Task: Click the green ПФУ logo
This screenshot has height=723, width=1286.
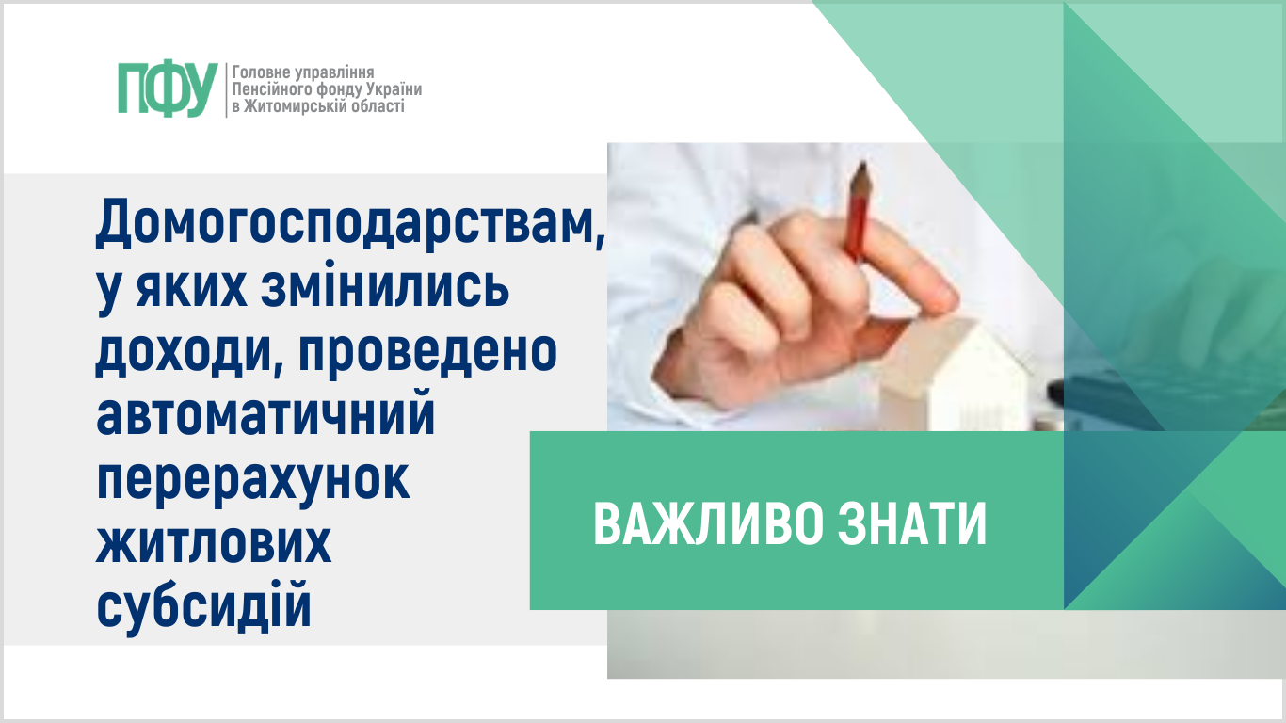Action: [168, 89]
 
